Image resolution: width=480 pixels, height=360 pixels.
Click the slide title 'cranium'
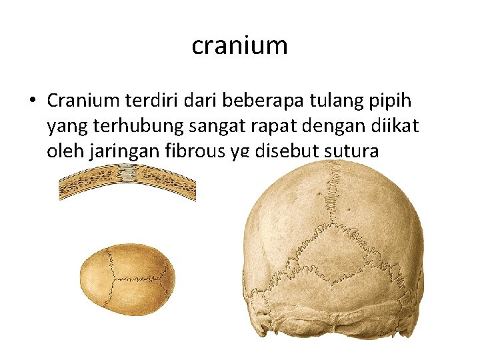click(239, 45)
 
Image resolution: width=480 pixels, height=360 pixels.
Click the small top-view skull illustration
click(127, 279)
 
